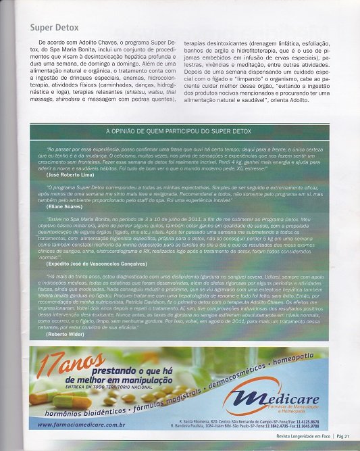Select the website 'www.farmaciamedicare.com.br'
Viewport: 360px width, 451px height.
[x=81, y=424]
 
